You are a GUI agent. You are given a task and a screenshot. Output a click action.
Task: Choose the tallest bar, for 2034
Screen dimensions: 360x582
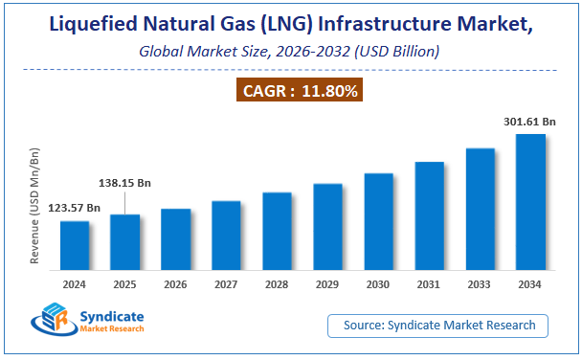(530, 205)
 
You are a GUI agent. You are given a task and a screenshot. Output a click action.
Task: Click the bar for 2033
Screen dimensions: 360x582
(480, 213)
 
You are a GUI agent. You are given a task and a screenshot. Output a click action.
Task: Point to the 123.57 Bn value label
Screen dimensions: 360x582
(74, 208)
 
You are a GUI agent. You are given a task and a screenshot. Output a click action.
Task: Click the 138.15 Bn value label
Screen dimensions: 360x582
(125, 182)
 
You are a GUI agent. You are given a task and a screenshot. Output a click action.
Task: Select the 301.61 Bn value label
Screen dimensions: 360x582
(530, 122)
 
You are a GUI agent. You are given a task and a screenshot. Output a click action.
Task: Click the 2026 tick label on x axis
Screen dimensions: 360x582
(175, 284)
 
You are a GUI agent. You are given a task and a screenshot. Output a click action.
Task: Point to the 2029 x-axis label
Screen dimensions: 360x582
(327, 284)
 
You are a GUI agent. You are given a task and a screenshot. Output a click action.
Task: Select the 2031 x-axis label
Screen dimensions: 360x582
(429, 284)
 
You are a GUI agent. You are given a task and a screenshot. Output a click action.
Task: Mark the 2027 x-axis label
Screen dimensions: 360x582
(226, 284)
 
